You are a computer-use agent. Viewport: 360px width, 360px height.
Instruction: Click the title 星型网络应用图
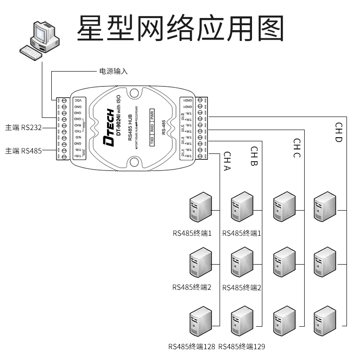point(180,28)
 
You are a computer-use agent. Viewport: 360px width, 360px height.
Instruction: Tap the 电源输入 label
point(113,71)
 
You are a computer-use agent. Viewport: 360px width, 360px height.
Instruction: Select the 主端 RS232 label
point(23,127)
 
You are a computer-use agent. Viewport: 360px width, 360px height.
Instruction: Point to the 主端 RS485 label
point(23,151)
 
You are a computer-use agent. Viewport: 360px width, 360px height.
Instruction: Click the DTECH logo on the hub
point(109,127)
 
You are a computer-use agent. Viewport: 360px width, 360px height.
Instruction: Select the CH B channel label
point(254,157)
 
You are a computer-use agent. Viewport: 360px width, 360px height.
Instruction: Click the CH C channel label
point(297,148)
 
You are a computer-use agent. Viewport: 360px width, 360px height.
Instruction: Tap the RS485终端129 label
point(241,347)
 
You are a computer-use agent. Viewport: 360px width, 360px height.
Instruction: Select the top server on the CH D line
point(325,207)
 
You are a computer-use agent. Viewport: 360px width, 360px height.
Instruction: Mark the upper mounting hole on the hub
point(134,93)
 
